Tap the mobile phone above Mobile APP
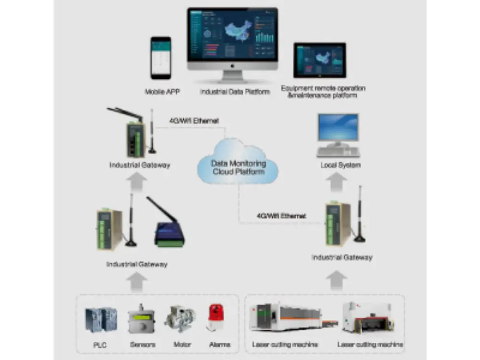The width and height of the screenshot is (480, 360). (x=161, y=58)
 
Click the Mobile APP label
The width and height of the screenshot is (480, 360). (x=162, y=91)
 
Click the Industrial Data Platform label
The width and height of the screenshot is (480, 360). (x=235, y=91)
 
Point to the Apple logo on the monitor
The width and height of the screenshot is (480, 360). (x=232, y=65)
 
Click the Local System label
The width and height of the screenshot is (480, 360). (x=340, y=165)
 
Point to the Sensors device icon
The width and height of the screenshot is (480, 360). (x=142, y=319)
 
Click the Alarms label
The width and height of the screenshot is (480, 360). (x=219, y=344)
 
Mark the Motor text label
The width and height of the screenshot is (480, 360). (x=182, y=344)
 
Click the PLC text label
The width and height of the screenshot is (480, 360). (x=100, y=345)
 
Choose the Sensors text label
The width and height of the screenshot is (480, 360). (x=143, y=344)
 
